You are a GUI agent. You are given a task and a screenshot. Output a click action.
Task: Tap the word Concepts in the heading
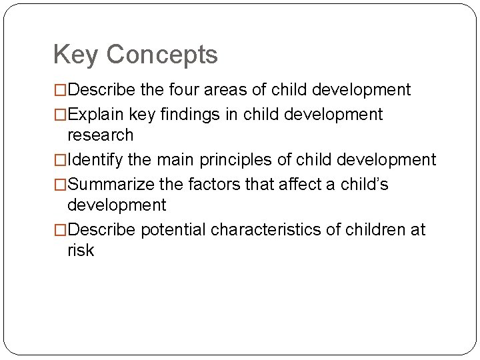pos(163,55)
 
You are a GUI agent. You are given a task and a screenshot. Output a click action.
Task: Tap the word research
pos(100,135)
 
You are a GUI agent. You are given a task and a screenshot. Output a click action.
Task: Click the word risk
pos(81,251)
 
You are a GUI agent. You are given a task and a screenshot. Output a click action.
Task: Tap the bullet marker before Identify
pos(60,160)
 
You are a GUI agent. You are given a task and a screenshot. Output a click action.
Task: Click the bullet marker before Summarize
pos(60,184)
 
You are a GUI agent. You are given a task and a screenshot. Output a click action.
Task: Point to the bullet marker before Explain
pos(60,115)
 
